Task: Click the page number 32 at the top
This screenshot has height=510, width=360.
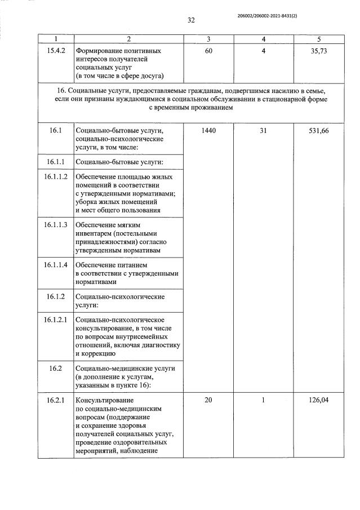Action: (x=190, y=20)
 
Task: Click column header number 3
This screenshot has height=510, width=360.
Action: (x=208, y=39)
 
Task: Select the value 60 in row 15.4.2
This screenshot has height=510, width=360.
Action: (x=208, y=51)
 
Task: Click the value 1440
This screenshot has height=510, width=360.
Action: (x=208, y=130)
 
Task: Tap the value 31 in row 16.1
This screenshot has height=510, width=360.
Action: (x=263, y=130)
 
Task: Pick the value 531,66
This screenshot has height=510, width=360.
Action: (x=318, y=130)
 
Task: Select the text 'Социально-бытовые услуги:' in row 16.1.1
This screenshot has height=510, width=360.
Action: (x=118, y=162)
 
